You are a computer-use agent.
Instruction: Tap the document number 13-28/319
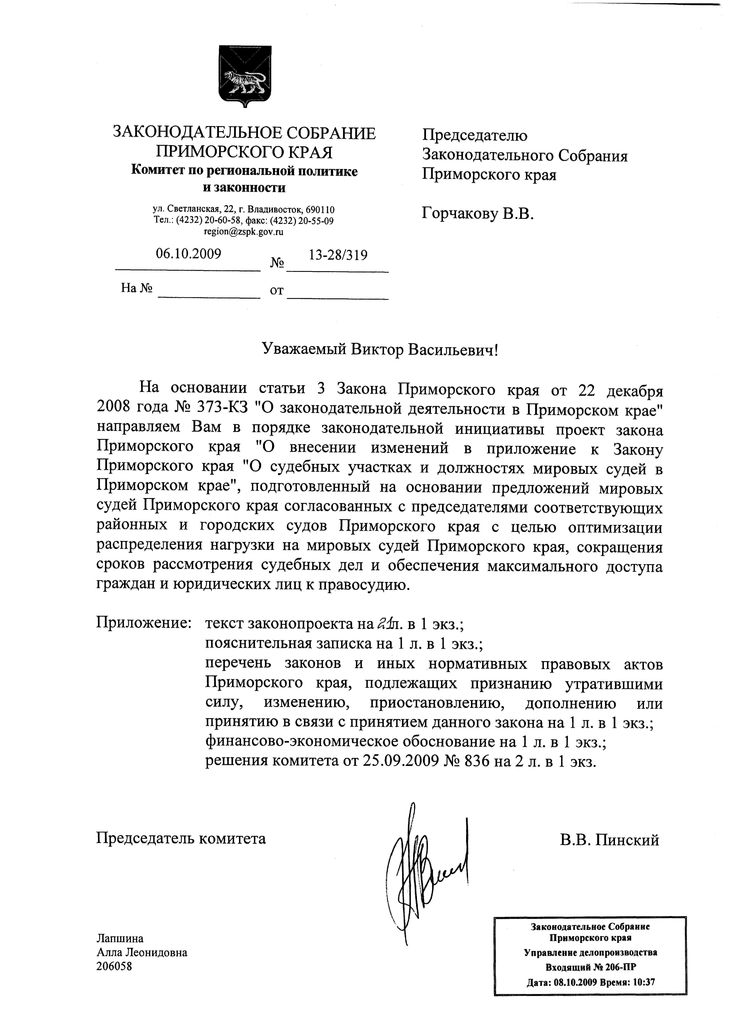coord(338,255)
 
